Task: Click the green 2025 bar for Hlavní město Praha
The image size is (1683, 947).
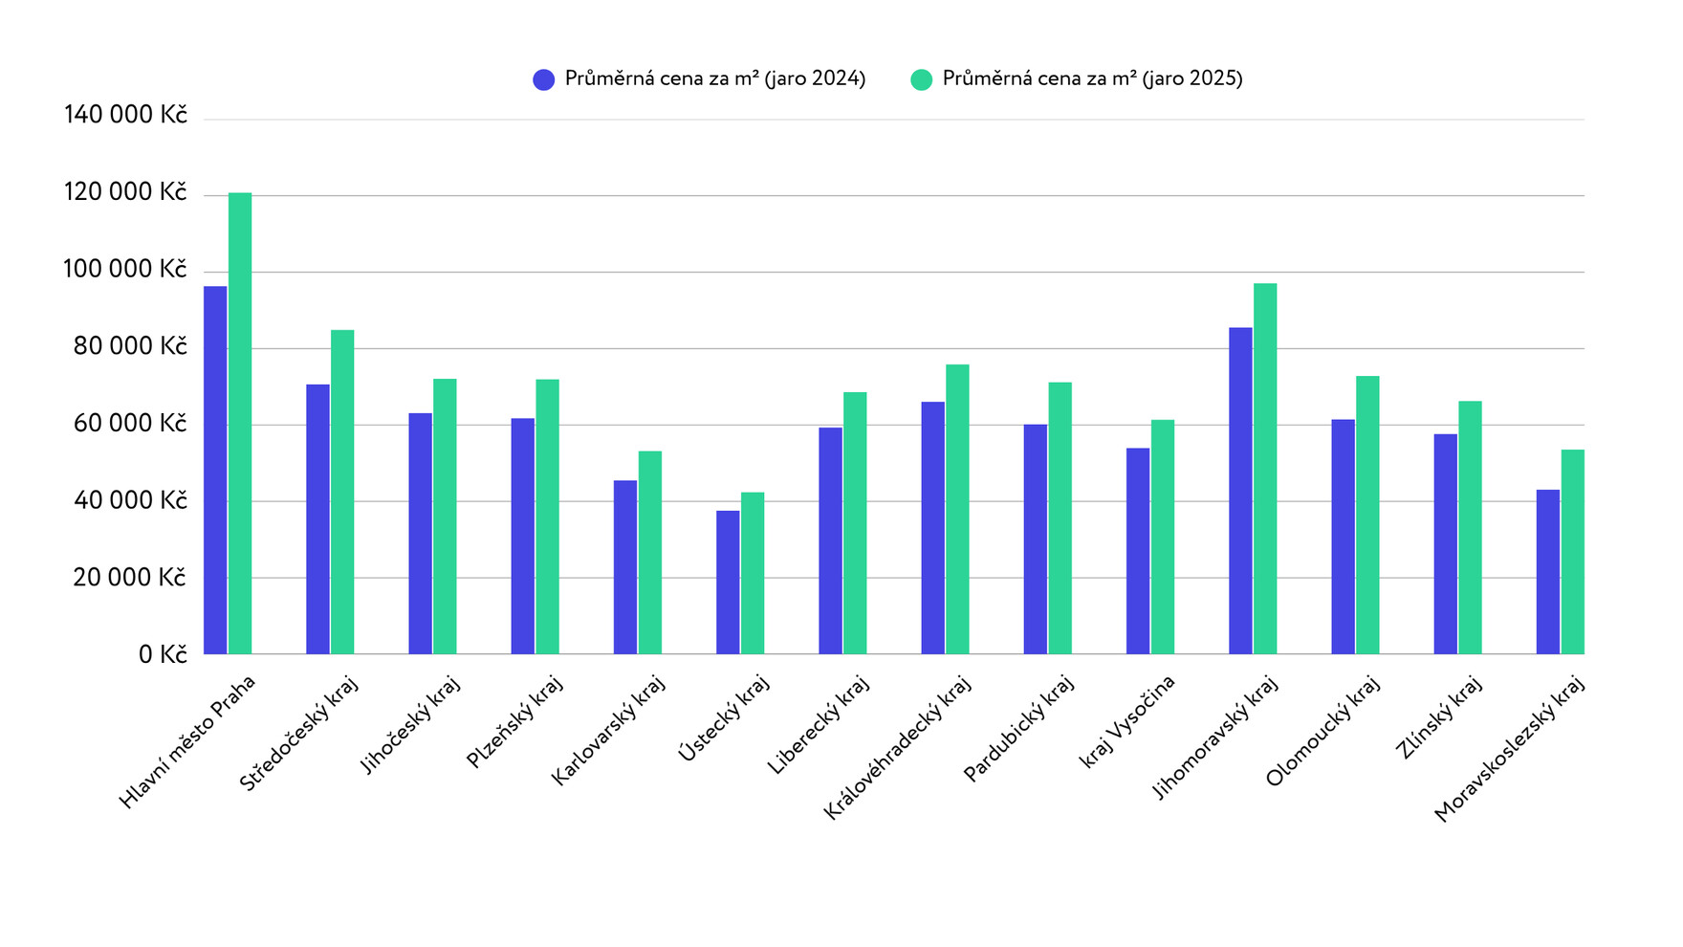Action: (240, 424)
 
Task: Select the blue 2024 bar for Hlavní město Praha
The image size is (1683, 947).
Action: (215, 470)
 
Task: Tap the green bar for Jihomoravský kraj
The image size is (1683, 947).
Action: (1265, 469)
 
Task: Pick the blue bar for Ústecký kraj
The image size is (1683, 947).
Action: (728, 583)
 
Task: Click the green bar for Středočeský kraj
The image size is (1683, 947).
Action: (342, 492)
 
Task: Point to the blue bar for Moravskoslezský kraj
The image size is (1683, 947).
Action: (1548, 572)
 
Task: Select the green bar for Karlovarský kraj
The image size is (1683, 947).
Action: (650, 553)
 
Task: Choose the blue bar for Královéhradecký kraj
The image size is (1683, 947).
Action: (933, 528)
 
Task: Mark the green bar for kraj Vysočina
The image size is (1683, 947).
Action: (1163, 537)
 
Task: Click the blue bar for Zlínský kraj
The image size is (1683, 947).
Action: (1446, 544)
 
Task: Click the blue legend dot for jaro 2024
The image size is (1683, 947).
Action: (544, 79)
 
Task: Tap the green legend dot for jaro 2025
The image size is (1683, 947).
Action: (922, 79)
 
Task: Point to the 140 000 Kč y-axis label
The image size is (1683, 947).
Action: (125, 116)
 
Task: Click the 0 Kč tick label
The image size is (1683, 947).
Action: (163, 655)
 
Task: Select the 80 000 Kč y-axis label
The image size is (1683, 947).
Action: (130, 346)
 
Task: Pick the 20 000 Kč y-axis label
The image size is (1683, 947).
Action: (130, 578)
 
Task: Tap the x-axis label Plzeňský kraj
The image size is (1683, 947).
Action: (514, 721)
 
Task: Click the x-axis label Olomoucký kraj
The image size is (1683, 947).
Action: (1322, 732)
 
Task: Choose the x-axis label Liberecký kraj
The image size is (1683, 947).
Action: (818, 725)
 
